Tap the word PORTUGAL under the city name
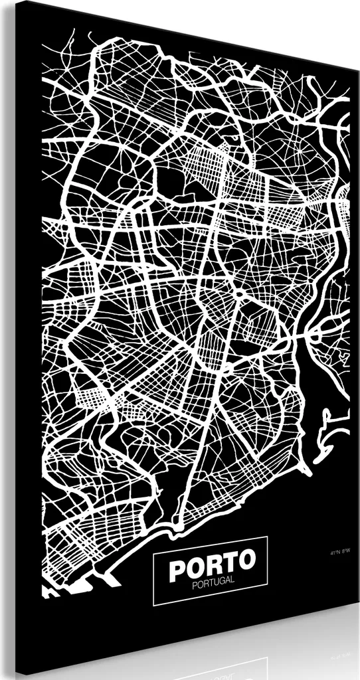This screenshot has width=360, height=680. coord(211,584)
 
